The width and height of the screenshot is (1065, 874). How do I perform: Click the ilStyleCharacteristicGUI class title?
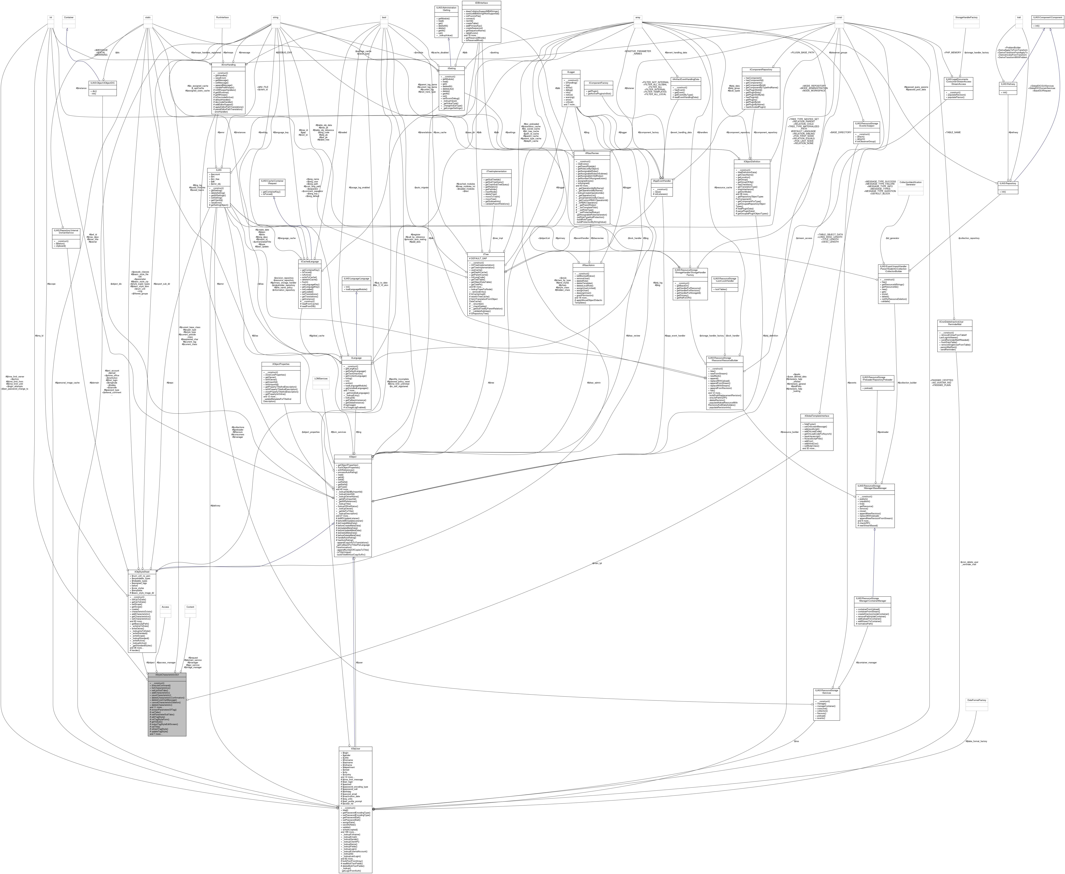(167, 674)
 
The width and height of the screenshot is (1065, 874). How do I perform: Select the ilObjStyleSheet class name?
(143, 572)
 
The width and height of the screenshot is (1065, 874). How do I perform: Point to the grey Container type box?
(68, 18)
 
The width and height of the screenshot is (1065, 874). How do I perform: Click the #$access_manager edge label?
(166, 662)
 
